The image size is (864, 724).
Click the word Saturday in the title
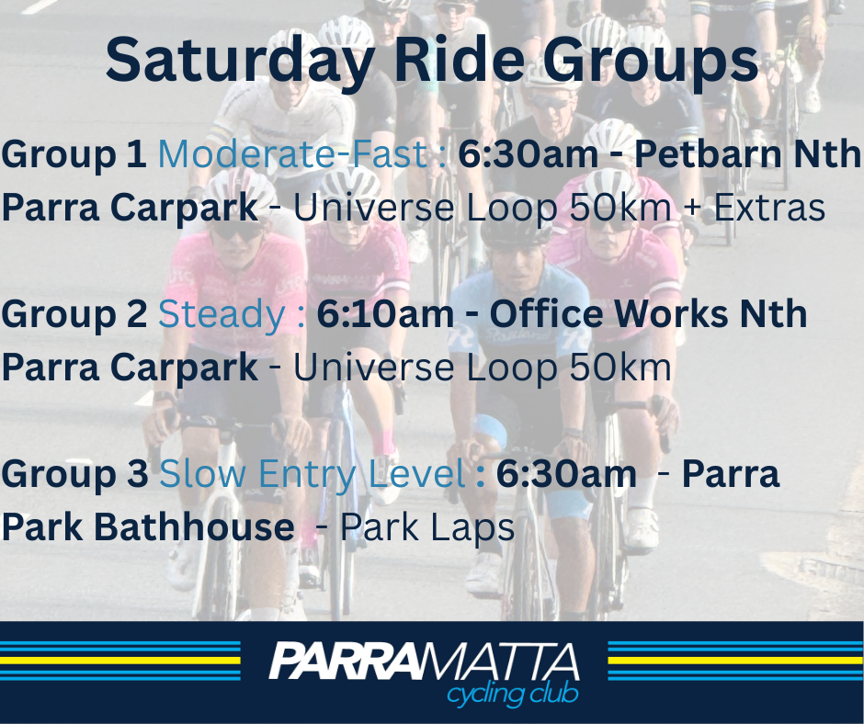coord(240,61)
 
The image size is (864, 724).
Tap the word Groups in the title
coord(651,61)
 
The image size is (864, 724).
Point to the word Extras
coord(769,209)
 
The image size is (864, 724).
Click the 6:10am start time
coord(384,314)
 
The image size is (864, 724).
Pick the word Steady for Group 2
coord(222,315)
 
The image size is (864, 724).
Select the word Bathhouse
coord(194,526)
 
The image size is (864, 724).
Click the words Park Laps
coord(427,527)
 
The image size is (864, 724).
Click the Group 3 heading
coord(74,474)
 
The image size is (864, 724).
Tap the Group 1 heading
coord(74,154)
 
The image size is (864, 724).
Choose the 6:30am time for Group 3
coord(566,474)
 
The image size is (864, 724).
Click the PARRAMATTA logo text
coord(423,662)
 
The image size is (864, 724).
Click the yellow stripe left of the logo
coord(120,661)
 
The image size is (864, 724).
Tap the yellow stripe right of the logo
coord(735,661)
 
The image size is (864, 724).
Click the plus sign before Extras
coord(693,209)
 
